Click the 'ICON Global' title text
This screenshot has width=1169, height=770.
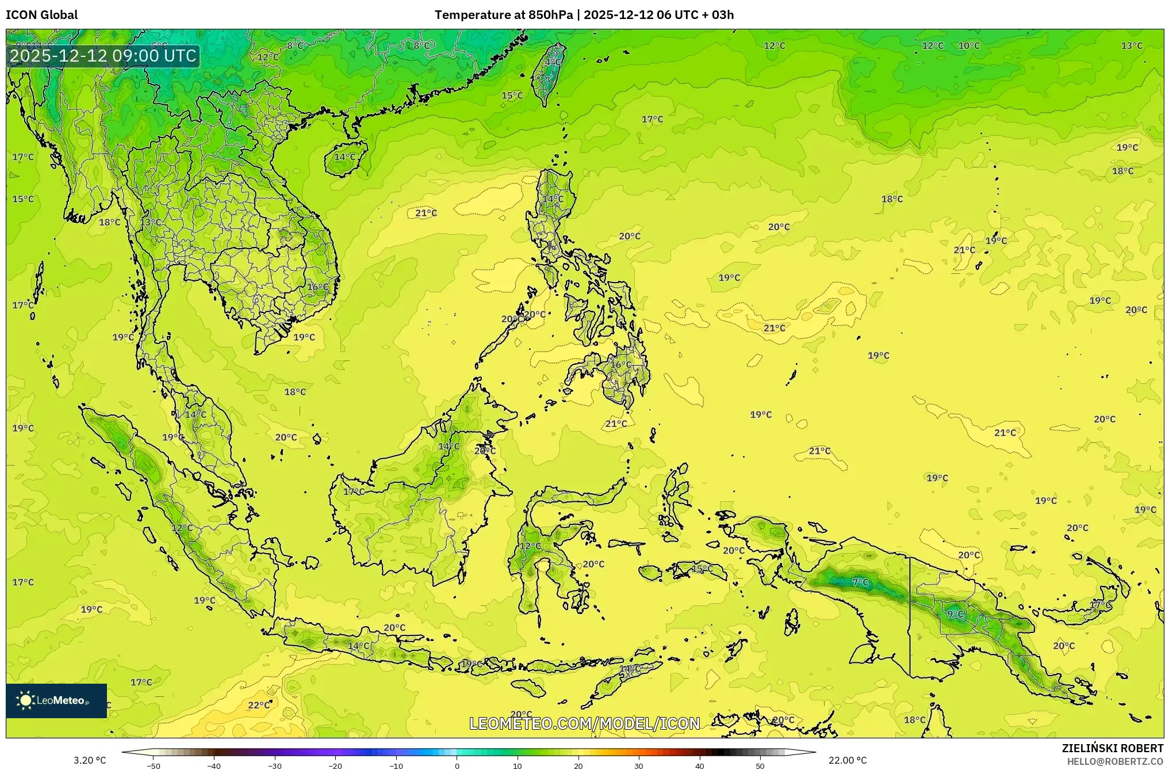(41, 15)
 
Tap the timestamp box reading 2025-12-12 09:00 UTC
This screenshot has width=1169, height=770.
(104, 56)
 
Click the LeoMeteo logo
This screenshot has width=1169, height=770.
(56, 700)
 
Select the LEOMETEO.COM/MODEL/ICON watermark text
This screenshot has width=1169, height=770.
(584, 723)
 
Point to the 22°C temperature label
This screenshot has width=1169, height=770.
(259, 705)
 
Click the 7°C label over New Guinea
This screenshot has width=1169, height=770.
(860, 582)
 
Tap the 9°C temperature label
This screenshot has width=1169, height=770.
(955, 614)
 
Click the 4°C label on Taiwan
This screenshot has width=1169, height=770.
(553, 62)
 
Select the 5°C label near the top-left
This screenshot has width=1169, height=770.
(159, 45)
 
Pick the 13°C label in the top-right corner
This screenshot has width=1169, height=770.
(1131, 45)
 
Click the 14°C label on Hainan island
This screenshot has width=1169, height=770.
(345, 157)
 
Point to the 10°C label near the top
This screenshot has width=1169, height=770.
(968, 45)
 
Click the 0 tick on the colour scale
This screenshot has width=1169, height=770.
(457, 766)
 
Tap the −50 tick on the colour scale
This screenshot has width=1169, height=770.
(154, 766)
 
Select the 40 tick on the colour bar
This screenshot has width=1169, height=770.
(699, 766)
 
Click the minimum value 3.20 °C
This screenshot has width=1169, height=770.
(90, 760)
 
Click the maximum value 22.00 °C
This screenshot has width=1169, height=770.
(847, 760)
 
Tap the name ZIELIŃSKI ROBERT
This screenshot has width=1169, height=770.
(1112, 748)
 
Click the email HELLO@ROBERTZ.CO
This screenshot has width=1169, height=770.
(1115, 761)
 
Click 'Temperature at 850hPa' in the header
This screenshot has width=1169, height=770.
(503, 15)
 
